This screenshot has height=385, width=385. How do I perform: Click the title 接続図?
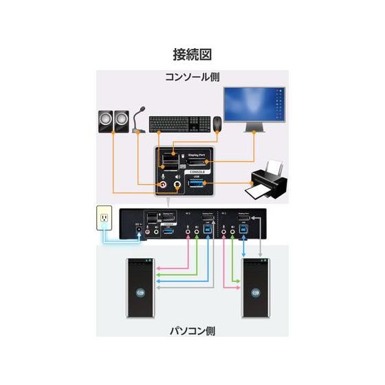(x=192, y=54)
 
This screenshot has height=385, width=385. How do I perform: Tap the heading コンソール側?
(x=192, y=76)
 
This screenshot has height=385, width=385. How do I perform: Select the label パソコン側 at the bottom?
(x=192, y=331)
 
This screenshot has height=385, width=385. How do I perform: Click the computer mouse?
(x=217, y=124)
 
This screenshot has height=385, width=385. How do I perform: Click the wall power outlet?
(x=104, y=219)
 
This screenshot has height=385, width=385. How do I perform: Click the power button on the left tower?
(x=142, y=294)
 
